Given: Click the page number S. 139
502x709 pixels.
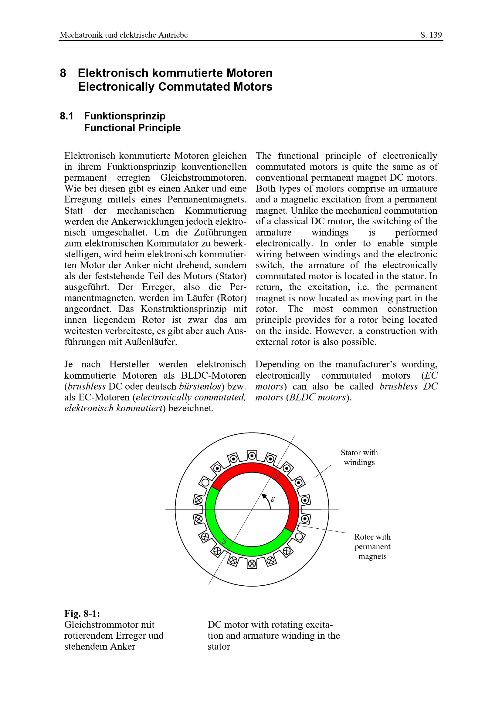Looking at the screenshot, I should click(431, 35).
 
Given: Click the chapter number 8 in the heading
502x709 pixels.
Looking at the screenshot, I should click(63, 73).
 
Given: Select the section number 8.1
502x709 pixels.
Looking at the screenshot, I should click(66, 116).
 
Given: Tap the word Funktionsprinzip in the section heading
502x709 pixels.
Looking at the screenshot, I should click(124, 116).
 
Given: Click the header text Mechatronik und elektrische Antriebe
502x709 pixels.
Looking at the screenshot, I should click(124, 35).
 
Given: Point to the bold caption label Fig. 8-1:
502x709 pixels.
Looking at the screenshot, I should click(82, 613).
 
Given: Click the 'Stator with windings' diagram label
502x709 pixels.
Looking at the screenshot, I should click(359, 457).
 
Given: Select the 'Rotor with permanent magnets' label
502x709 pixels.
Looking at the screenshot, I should click(372, 546).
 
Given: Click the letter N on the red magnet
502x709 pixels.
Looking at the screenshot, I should click(277, 477).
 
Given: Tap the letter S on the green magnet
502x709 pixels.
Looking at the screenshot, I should click(224, 541).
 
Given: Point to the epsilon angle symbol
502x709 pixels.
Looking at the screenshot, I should click(273, 499).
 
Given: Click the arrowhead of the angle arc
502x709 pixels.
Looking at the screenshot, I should click(264, 496).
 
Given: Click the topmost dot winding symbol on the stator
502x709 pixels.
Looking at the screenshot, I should click(252, 456).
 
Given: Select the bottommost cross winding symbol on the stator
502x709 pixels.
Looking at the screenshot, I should click(252, 564).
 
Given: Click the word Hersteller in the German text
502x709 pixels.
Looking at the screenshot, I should click(129, 364).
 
